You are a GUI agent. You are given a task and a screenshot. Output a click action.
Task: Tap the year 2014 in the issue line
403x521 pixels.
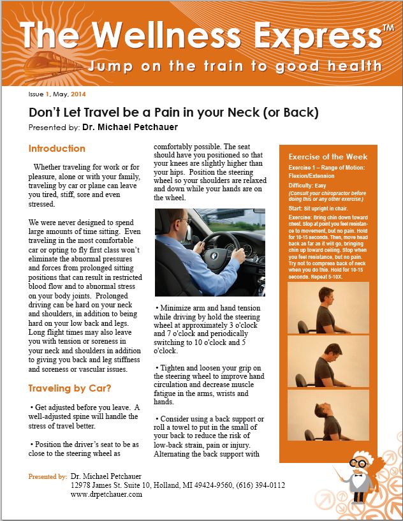(78, 94)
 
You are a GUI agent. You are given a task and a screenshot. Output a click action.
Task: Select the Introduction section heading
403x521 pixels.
(57, 149)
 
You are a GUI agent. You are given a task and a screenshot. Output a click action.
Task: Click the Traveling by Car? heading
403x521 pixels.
(70, 388)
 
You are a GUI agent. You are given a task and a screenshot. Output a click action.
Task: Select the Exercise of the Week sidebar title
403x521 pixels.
(328, 157)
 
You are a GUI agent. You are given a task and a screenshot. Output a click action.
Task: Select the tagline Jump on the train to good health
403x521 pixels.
(236, 66)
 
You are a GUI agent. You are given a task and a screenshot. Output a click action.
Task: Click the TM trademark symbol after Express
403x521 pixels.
(387, 27)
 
